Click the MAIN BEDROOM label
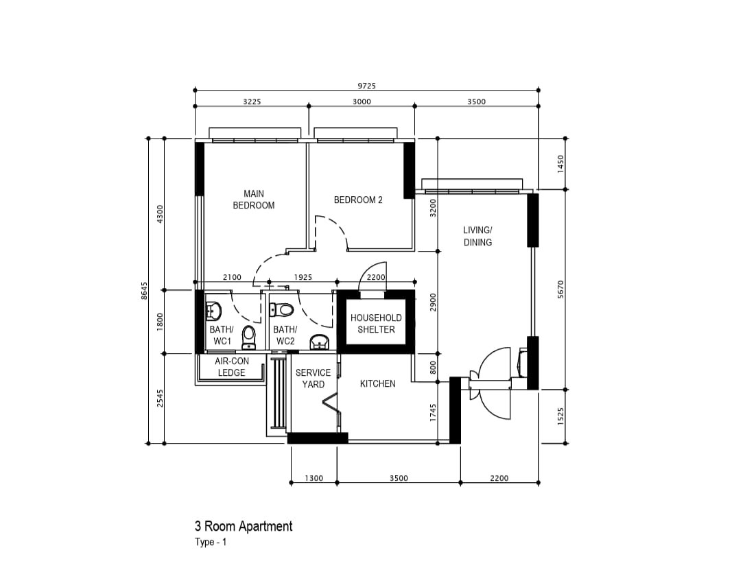(x=254, y=199)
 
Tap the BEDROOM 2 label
(x=358, y=200)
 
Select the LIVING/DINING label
(x=477, y=236)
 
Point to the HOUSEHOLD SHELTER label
(x=376, y=323)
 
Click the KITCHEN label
(x=378, y=383)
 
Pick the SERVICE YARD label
(x=313, y=379)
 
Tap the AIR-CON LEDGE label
(x=232, y=367)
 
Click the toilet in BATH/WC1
(x=249, y=337)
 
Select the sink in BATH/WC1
(x=213, y=311)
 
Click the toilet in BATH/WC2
(x=281, y=309)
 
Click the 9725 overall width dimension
(x=366, y=86)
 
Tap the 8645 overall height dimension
(x=144, y=291)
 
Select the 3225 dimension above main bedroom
(x=252, y=102)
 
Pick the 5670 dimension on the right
(x=560, y=289)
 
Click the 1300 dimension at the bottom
(x=314, y=478)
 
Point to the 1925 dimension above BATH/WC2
(x=303, y=277)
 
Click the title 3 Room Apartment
(x=244, y=526)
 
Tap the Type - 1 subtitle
(x=211, y=542)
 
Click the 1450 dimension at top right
(x=560, y=164)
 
